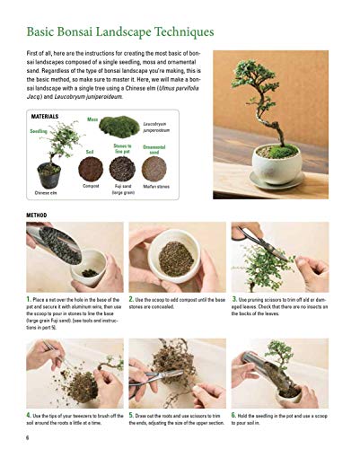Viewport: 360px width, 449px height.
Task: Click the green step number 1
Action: (30, 298)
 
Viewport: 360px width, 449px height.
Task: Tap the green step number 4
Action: (30, 416)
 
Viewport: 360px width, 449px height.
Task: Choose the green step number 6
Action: (234, 416)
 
